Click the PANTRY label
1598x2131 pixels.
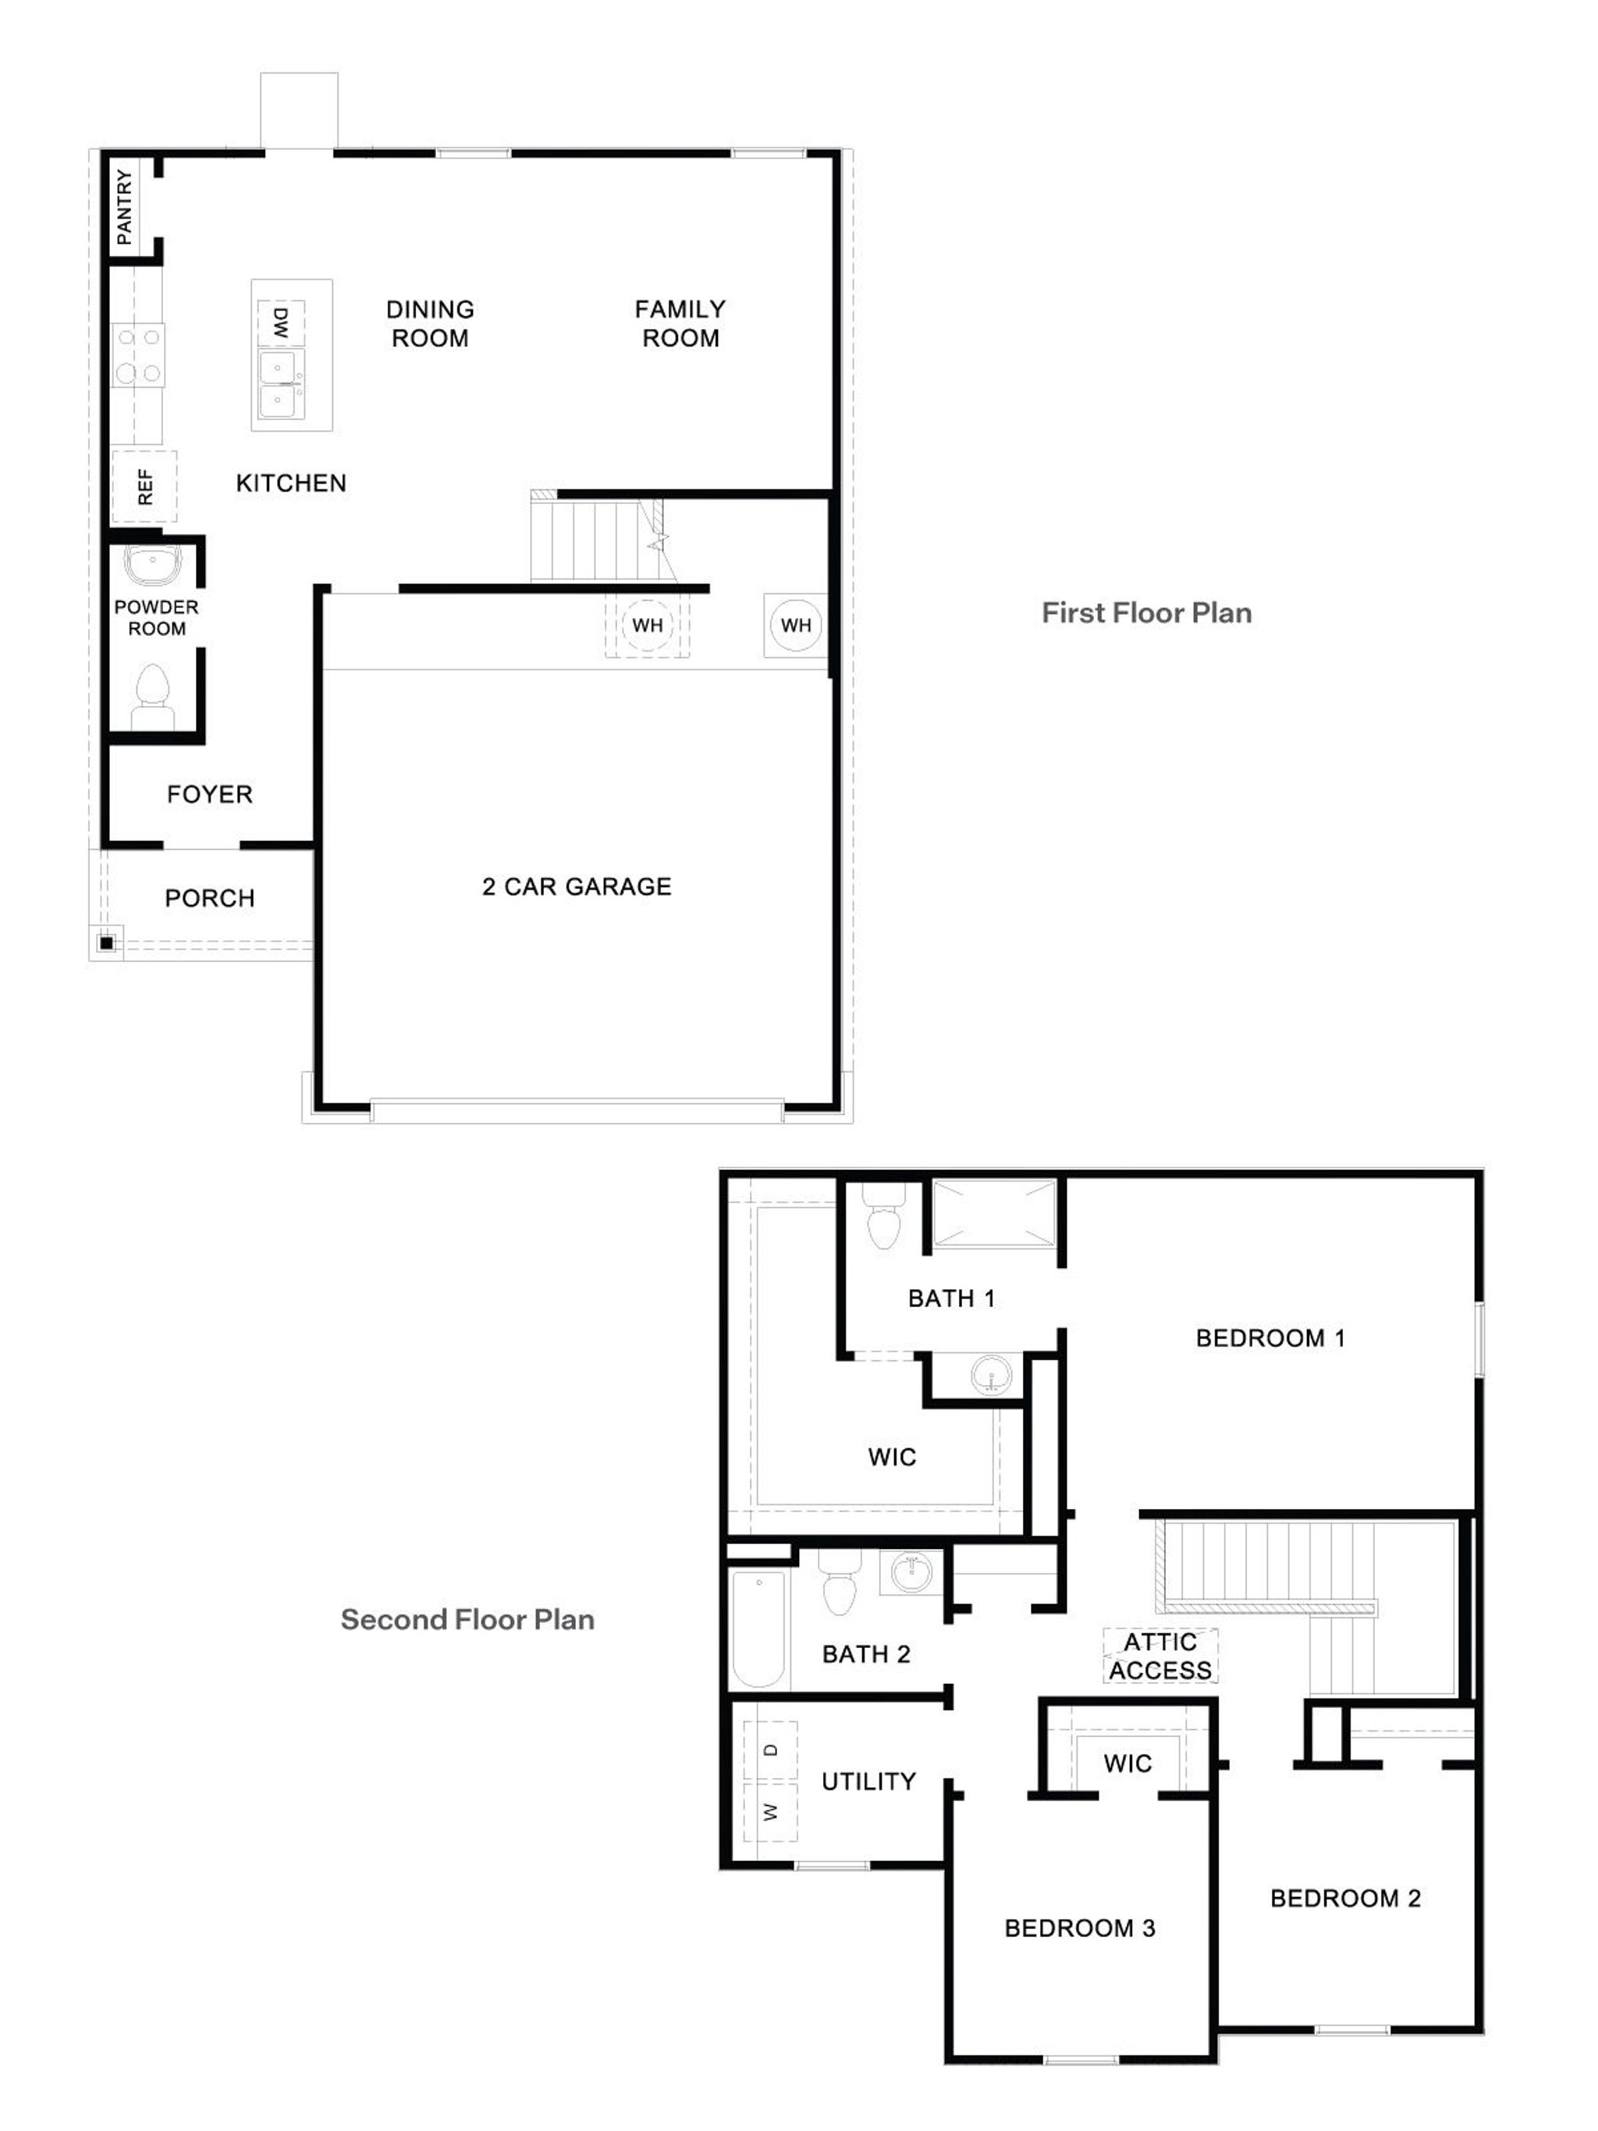click(124, 206)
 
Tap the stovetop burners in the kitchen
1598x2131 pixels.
click(139, 354)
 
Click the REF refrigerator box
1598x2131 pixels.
click(144, 485)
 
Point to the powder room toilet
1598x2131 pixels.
click(153, 694)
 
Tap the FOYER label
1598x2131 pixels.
click(209, 794)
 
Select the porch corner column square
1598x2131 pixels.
click(106, 942)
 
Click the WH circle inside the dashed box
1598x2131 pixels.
click(648, 625)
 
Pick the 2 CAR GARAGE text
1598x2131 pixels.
click(576, 886)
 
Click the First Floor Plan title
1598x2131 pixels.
click(1146, 613)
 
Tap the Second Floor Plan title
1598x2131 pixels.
click(467, 1619)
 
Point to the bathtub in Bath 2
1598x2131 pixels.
click(758, 1628)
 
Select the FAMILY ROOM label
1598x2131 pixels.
click(680, 323)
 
